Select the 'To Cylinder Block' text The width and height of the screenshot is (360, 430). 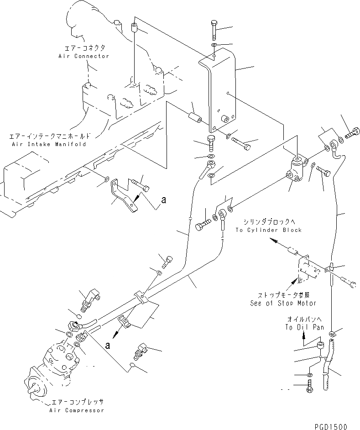click(x=268, y=230)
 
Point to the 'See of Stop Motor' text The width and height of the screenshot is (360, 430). click(x=283, y=303)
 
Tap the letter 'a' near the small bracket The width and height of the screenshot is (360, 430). click(x=163, y=200)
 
